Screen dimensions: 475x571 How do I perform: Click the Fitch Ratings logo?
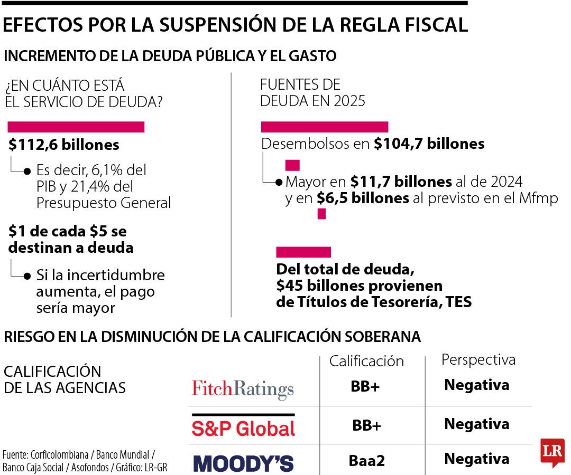coord(243,389)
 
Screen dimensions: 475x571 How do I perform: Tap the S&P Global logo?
coord(243,427)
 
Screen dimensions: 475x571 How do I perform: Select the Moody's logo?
coord(243,463)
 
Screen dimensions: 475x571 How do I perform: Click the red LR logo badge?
coord(552,452)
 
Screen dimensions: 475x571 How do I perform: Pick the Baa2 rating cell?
coord(366,461)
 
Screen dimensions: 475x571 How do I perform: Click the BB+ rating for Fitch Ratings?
coord(365,386)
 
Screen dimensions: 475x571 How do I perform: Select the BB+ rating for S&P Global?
coord(366,425)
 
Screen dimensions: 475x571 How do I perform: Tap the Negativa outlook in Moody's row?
coord(476,459)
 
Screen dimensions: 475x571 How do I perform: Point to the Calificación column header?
coord(366,361)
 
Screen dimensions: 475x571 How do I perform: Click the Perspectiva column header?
coord(478,359)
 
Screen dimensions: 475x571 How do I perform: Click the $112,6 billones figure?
coord(64,145)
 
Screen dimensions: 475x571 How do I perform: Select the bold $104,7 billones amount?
coord(429,144)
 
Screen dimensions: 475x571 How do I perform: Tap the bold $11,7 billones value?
coord(401,182)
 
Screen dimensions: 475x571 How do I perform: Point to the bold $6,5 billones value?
coord(363,198)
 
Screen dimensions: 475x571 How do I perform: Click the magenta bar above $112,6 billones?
coord(76,127)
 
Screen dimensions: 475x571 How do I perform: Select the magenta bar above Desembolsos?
coord(325,127)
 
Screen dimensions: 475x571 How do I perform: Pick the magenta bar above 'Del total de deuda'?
coord(303,252)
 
